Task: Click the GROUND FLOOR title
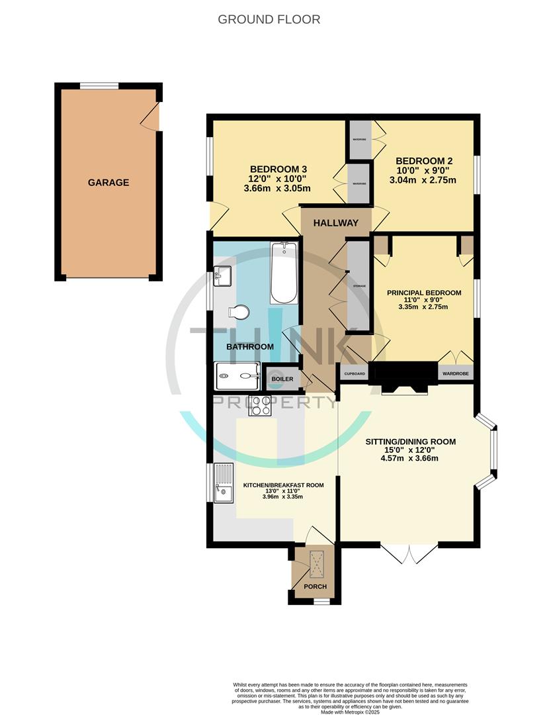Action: pyautogui.click(x=269, y=19)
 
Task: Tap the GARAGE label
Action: pyautogui.click(x=108, y=183)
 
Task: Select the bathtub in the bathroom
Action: pyautogui.click(x=284, y=272)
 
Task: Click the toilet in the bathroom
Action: pyautogui.click(x=238, y=312)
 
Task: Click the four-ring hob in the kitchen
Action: pyautogui.click(x=259, y=405)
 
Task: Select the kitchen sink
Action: pyautogui.click(x=223, y=483)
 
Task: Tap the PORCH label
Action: pyautogui.click(x=315, y=587)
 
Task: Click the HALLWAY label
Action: pyautogui.click(x=335, y=223)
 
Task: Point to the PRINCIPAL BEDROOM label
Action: pyautogui.click(x=424, y=293)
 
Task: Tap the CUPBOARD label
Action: pyautogui.click(x=354, y=374)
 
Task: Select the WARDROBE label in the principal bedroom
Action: pyautogui.click(x=456, y=374)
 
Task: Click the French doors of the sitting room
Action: pyautogui.click(x=409, y=553)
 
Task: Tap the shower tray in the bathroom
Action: pyautogui.click(x=237, y=376)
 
